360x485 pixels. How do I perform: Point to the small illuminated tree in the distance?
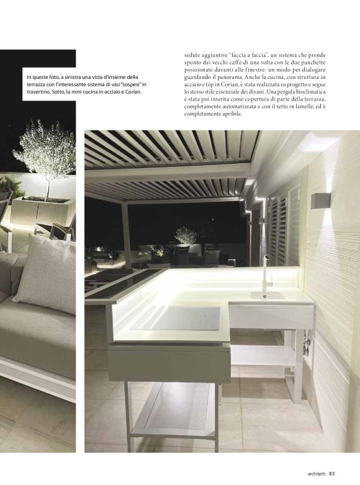point(185,235)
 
